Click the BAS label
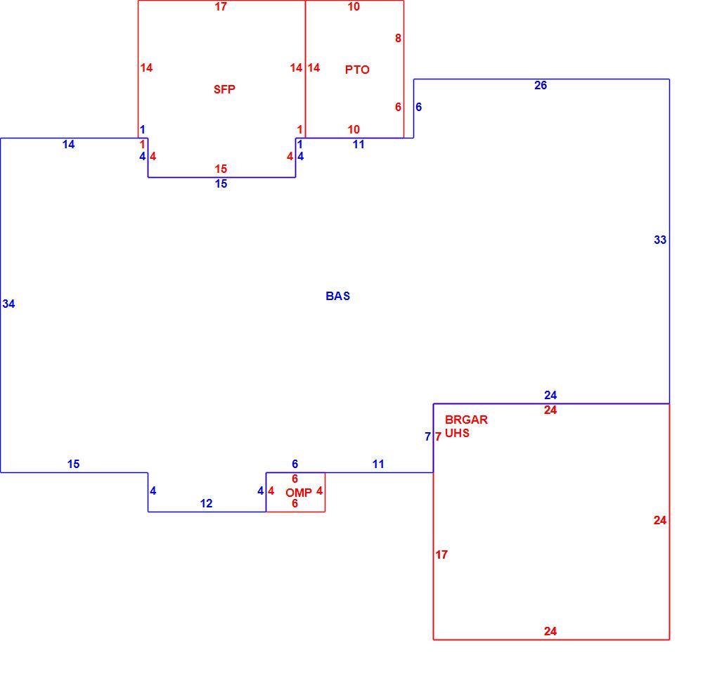point(338,297)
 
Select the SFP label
point(224,89)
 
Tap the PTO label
point(357,70)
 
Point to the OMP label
point(299,493)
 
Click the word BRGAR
point(467,420)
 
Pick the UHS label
point(458,433)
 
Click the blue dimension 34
point(8,304)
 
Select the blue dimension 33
point(660,240)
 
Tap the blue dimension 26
point(541,85)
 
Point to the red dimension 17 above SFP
point(221,6)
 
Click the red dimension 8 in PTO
point(399,38)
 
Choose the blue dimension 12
point(206,503)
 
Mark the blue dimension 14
point(69,145)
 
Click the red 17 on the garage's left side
point(441,554)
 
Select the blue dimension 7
point(427,436)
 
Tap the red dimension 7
point(438,436)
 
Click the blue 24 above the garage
point(550,395)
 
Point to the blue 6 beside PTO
point(418,107)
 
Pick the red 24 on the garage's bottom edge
point(550,631)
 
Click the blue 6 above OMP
point(295,464)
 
